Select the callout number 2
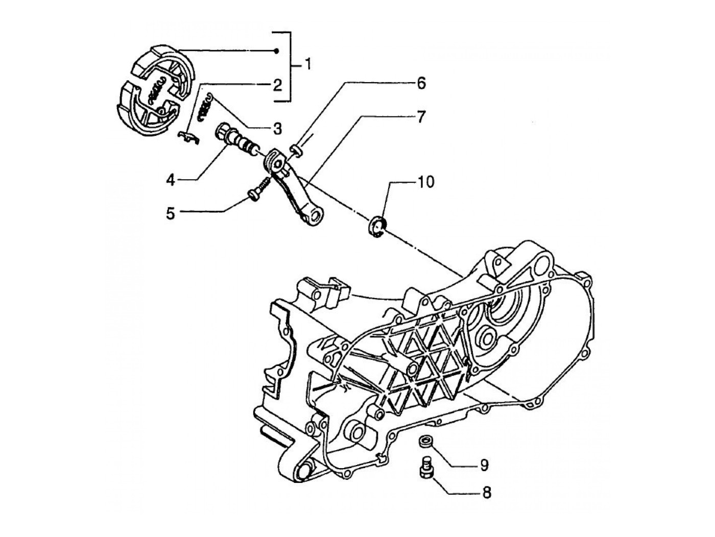[277, 84]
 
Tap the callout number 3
[277, 128]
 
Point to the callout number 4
[171, 179]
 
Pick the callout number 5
[171, 213]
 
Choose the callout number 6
[421, 83]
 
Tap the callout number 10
[426, 182]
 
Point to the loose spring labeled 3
[207, 105]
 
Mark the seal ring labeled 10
[378, 225]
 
